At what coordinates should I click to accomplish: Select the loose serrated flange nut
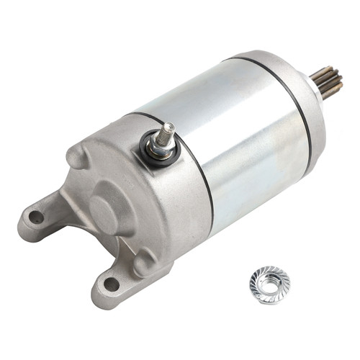pyautogui.click(x=269, y=284)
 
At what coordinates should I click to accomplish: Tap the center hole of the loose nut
pyautogui.click(x=269, y=282)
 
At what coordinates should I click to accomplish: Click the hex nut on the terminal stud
pyautogui.click(x=161, y=145)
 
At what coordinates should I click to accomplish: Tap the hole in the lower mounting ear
pyautogui.click(x=112, y=284)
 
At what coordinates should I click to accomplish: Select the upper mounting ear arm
pyautogui.click(x=50, y=209)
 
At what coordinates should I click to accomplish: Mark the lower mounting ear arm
pyautogui.click(x=115, y=277)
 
